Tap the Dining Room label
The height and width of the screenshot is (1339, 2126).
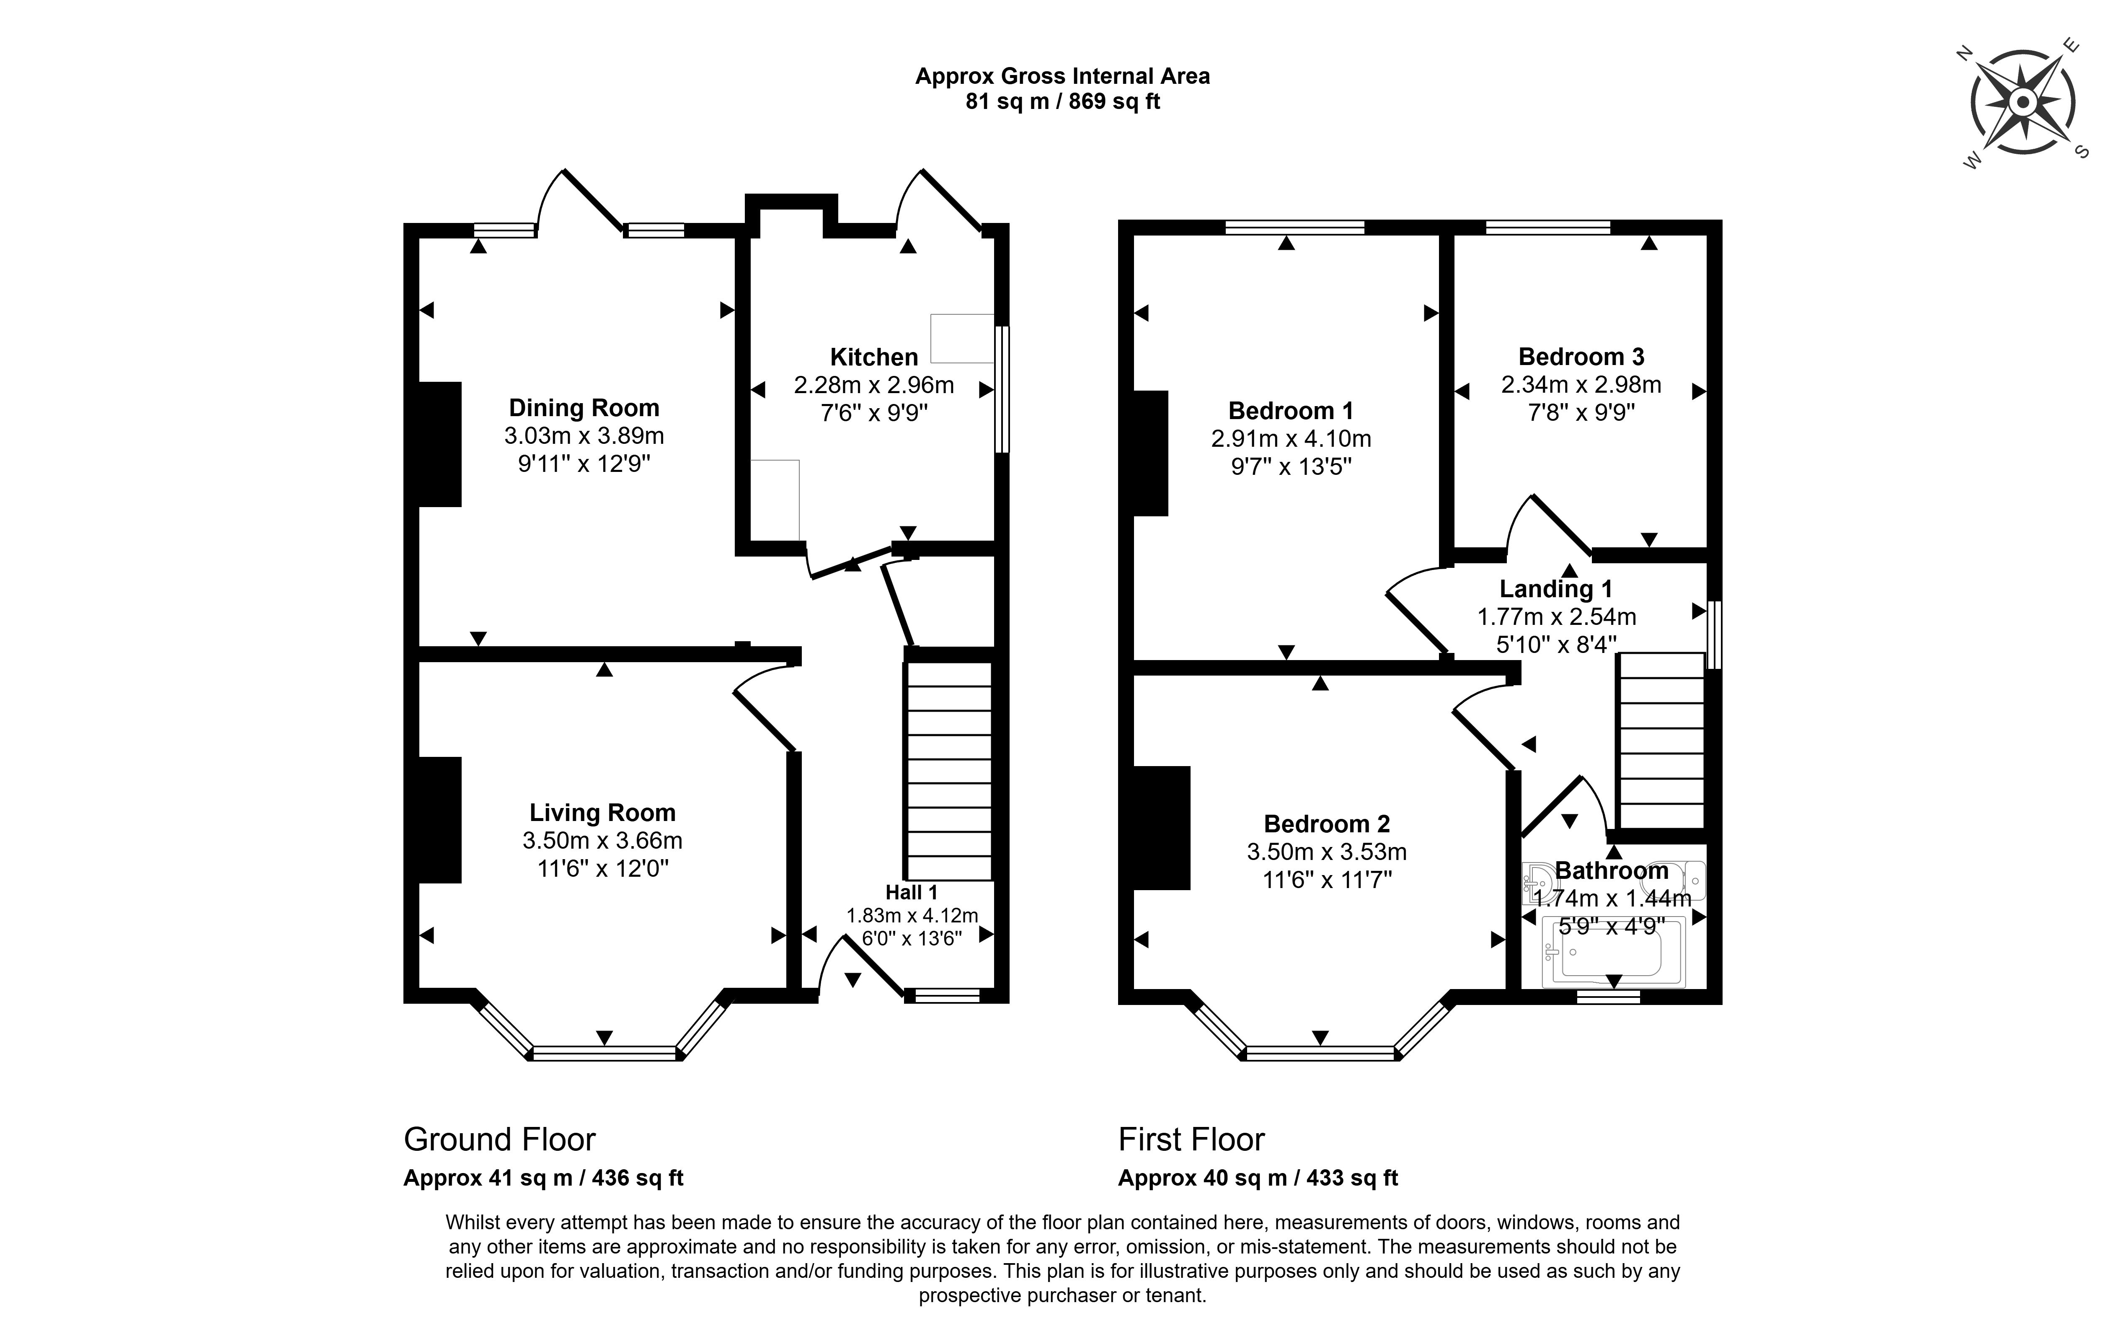pyautogui.click(x=584, y=408)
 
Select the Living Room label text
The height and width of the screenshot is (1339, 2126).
pyautogui.click(x=602, y=813)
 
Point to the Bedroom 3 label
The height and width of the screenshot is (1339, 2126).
pyautogui.click(x=1581, y=357)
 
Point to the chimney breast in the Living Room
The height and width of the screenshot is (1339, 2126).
pyautogui.click(x=439, y=820)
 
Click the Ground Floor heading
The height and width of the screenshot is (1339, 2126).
pyautogui.click(x=500, y=1140)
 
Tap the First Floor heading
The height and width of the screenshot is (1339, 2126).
pyautogui.click(x=1191, y=1140)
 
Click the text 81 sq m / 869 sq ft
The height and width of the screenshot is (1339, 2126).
pyautogui.click(x=1062, y=101)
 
